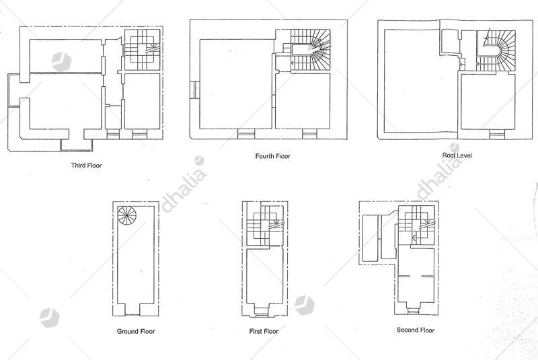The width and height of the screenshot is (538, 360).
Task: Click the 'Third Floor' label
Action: pyautogui.click(x=86, y=165)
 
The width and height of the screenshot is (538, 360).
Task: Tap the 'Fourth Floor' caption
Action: pyautogui.click(x=273, y=156)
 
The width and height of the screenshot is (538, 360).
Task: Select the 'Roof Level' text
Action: pyautogui.click(x=457, y=155)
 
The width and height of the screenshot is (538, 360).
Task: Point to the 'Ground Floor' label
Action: pyautogui.click(x=136, y=331)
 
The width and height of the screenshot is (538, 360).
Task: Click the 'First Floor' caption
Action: pyautogui.click(x=264, y=331)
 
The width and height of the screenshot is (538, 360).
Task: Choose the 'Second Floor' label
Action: pyautogui.click(x=416, y=330)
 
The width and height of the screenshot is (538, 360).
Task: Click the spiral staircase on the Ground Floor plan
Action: pyautogui.click(x=127, y=215)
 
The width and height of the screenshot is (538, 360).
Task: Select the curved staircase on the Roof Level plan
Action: pyautogui.click(x=496, y=50)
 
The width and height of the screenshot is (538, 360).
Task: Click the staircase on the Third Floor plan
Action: pyautogui.click(x=142, y=50)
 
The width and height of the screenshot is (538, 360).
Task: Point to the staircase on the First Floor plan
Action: pyautogui.click(x=265, y=225)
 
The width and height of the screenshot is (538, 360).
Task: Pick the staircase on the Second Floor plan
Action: pyautogui.click(x=416, y=225)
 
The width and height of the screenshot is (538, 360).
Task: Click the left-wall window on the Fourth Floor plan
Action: pyautogui.click(x=194, y=90)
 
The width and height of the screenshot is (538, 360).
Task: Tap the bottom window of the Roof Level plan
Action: pyautogui.click(x=497, y=135)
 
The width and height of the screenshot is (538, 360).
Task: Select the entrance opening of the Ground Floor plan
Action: pyautogui.click(x=132, y=310)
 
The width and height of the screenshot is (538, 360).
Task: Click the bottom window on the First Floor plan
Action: pyautogui.click(x=262, y=312)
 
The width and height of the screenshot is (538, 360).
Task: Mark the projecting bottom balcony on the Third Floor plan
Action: pyautogui.click(x=77, y=145)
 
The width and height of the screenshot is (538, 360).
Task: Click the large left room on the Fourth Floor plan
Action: pyautogui.click(x=237, y=84)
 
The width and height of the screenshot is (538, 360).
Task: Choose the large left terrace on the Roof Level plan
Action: pyautogui.click(x=421, y=81)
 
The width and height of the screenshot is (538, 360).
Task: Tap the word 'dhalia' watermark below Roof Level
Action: pyautogui.click(x=440, y=172)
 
